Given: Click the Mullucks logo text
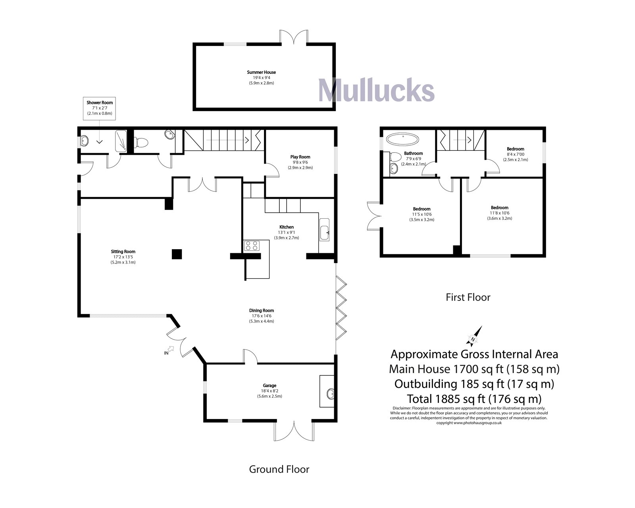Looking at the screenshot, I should [376, 90].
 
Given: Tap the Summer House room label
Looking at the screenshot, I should [261, 72].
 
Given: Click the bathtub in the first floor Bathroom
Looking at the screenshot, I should [402, 140].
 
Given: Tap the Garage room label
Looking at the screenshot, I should [269, 385].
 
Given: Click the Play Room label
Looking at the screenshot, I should [300, 157].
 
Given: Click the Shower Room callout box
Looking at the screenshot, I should [100, 108].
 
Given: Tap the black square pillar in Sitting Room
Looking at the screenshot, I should [177, 254].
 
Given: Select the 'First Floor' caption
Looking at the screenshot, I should [468, 297].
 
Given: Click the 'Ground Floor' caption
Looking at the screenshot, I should [279, 469].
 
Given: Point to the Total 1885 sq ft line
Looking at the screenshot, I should [474, 398].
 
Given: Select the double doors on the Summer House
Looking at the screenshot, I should [293, 37].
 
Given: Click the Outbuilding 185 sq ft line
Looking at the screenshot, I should [474, 384].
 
